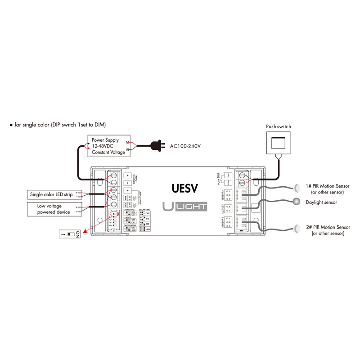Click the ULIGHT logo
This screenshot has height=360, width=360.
pos(184,207)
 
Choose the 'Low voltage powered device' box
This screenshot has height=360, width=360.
pos(54,209)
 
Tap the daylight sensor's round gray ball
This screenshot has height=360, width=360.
pos(296,202)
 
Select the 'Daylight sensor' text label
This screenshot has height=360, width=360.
pos(321,202)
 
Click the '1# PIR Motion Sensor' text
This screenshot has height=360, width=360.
pos(327,186)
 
